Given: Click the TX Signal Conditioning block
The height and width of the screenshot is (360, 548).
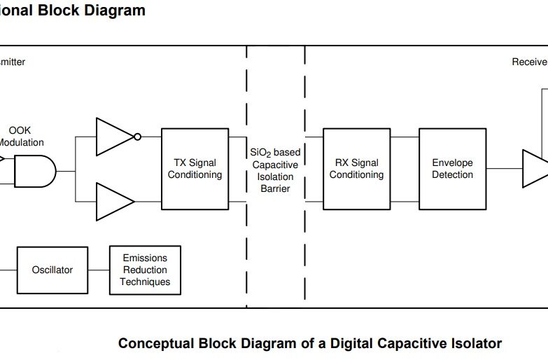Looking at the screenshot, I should [195, 169].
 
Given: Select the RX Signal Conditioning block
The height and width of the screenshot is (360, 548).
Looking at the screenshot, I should [356, 169].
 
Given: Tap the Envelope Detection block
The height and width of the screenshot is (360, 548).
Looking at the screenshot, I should [452, 169].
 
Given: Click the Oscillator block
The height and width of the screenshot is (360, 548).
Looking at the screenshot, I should [52, 270].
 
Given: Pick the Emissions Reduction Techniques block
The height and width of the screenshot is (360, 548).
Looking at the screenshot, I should [145, 270].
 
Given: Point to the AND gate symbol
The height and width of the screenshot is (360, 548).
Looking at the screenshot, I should [34, 170].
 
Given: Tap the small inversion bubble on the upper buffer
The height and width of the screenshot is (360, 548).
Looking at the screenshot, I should [138, 136].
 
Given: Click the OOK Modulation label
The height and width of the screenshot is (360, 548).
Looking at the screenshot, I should [20, 137].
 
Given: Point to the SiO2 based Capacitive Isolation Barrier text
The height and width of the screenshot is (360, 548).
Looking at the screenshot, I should [275, 170].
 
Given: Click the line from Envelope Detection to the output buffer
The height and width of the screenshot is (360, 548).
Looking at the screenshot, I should [504, 169].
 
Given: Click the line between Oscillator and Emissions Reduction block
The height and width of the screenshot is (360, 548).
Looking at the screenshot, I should [99, 270].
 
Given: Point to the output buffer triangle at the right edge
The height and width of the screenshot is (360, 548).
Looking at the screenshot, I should [536, 169].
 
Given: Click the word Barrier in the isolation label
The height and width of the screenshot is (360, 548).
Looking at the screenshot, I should [275, 188].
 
